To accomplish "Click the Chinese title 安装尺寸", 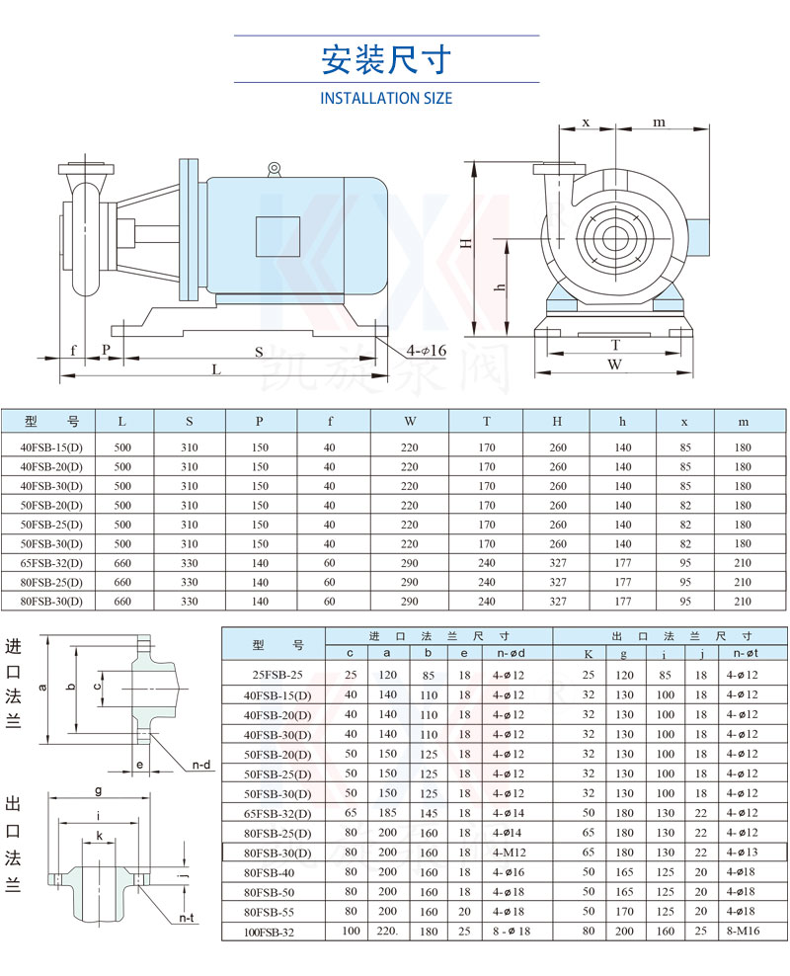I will click(x=386, y=60).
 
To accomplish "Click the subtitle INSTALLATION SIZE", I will click(x=386, y=99).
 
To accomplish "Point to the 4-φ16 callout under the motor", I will click(x=426, y=351).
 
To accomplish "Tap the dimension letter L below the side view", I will click(x=215, y=368).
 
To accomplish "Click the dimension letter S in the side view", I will click(x=259, y=351).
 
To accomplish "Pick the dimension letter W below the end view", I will click(x=614, y=364).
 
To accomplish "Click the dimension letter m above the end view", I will click(x=659, y=122).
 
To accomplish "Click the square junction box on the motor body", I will click(x=276, y=237).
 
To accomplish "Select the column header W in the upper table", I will click(x=410, y=422).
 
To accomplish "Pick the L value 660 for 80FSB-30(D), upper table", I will click(x=122, y=601).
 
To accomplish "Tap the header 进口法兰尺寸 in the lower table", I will click(x=438, y=636).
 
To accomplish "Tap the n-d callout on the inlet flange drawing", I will click(x=202, y=765).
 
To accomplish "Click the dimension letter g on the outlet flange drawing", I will click(x=98, y=790).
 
